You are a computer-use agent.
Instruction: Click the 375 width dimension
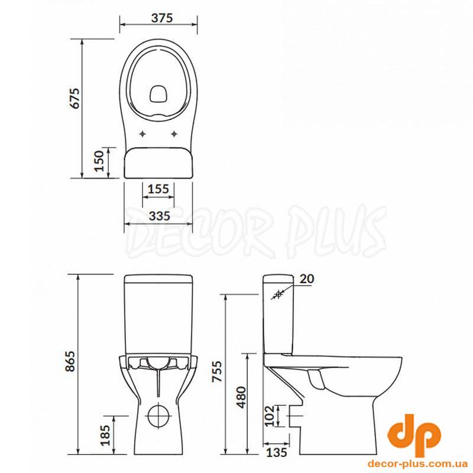[x=162, y=18]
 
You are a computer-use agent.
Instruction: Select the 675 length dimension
[x=74, y=98]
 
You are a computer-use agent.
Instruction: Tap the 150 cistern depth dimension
[x=99, y=161]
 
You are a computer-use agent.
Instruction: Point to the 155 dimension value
[x=158, y=189]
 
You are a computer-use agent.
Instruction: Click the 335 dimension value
[x=160, y=216]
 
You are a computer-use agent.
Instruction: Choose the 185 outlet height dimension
[x=106, y=435]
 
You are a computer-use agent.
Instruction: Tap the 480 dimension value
[x=241, y=397]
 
